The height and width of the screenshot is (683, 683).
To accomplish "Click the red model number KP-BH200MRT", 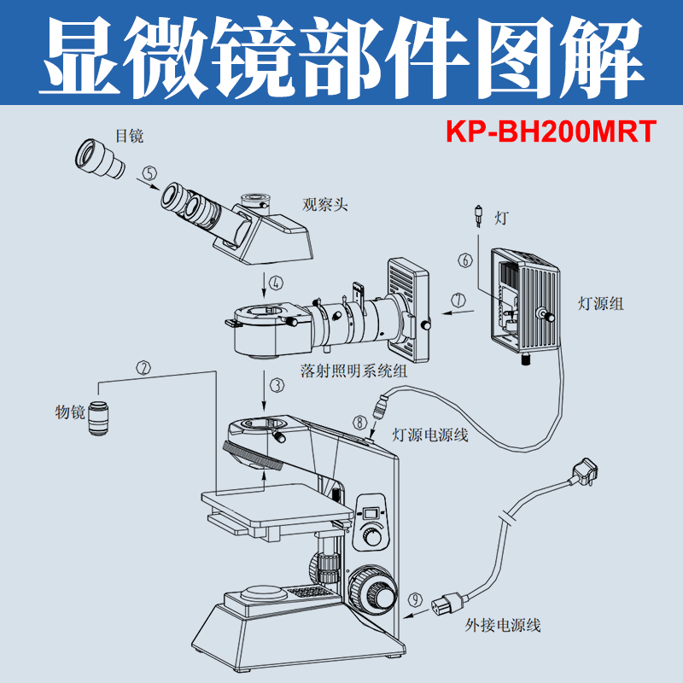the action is point(551,131).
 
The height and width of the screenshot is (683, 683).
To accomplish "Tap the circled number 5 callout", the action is point(149,173).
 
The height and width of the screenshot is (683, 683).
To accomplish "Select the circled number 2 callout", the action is point(143,368).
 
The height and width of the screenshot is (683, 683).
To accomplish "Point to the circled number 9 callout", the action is point(415,600).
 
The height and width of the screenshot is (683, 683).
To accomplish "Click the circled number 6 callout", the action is point(465,260).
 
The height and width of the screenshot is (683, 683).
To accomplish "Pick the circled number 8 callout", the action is point(359,422).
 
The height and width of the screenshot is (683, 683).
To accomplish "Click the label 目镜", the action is point(130,136).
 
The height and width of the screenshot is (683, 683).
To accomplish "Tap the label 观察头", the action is point(325,204).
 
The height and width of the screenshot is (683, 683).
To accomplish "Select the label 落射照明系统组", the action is point(353,371).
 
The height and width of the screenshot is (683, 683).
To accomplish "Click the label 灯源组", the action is point(601,303).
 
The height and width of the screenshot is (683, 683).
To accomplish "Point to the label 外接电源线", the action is point(503,626).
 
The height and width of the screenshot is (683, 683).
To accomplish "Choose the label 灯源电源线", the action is point(430,435).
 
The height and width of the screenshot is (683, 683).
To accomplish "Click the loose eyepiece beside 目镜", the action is point(100,159).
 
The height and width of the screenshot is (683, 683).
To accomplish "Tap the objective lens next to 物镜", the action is point(98,418).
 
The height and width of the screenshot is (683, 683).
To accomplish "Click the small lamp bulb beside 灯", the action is point(479,216).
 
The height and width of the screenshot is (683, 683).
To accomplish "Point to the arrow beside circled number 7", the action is point(457,312).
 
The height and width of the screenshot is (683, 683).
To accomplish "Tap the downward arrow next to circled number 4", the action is point(263,284).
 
